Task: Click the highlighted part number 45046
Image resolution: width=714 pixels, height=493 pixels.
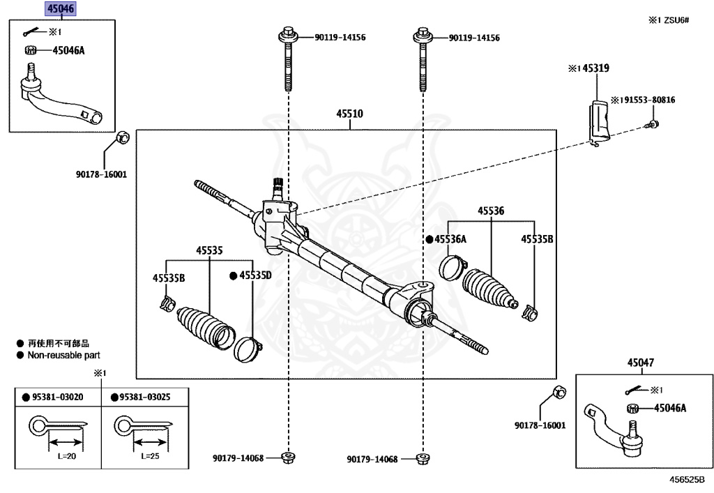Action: [x=61, y=9]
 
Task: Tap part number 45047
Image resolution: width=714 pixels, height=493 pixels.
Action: [x=640, y=363]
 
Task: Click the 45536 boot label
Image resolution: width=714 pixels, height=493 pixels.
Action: [x=491, y=210]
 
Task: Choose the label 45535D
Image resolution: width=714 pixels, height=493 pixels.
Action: [x=255, y=275]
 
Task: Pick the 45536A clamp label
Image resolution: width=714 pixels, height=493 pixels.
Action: [x=450, y=239]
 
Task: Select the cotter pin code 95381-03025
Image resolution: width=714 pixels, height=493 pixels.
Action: [x=145, y=397]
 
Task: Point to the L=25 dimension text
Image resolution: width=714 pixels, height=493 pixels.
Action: [x=152, y=456]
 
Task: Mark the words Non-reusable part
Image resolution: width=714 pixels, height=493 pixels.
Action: [x=63, y=355]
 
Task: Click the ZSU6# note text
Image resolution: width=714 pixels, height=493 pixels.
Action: [x=673, y=20]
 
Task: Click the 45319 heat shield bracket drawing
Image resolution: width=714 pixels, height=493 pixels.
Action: [x=598, y=123]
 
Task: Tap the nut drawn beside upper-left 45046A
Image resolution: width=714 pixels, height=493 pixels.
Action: [x=31, y=50]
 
